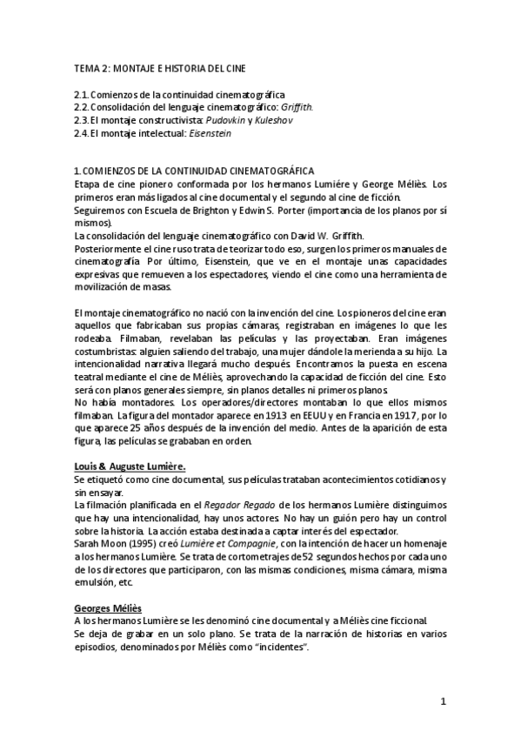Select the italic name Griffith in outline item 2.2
(294, 107)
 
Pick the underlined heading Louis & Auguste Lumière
(130, 466)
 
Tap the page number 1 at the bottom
(443, 701)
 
